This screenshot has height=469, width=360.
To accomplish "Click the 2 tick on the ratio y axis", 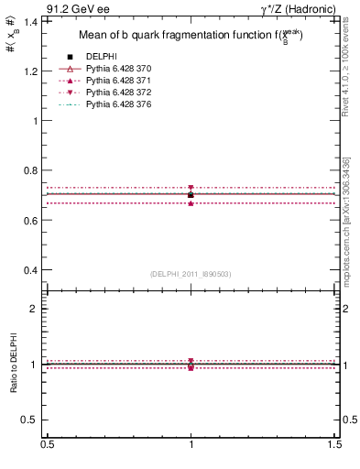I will pyautogui.click(x=38, y=310).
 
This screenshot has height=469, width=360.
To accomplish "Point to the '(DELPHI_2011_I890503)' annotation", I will pyautogui.click(x=191, y=274).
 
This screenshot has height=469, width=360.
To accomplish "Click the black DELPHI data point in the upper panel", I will pyautogui.click(x=191, y=195).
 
